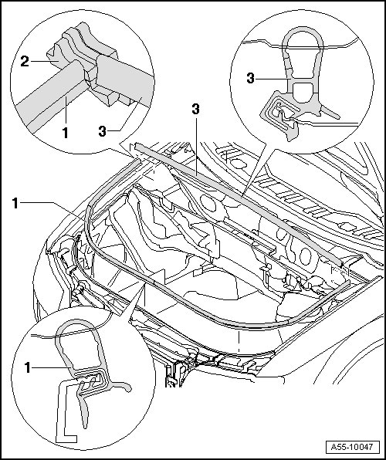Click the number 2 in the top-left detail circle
[25, 61]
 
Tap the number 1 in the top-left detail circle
[65, 133]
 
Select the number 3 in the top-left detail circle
[102, 131]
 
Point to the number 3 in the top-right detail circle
[250, 78]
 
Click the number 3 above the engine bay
[195, 109]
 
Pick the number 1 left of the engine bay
[15, 203]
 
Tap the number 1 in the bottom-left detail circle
[28, 367]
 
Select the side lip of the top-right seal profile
[330, 113]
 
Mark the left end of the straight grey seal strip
[137, 146]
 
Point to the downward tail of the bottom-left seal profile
[83, 408]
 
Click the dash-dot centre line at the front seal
[239, 340]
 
